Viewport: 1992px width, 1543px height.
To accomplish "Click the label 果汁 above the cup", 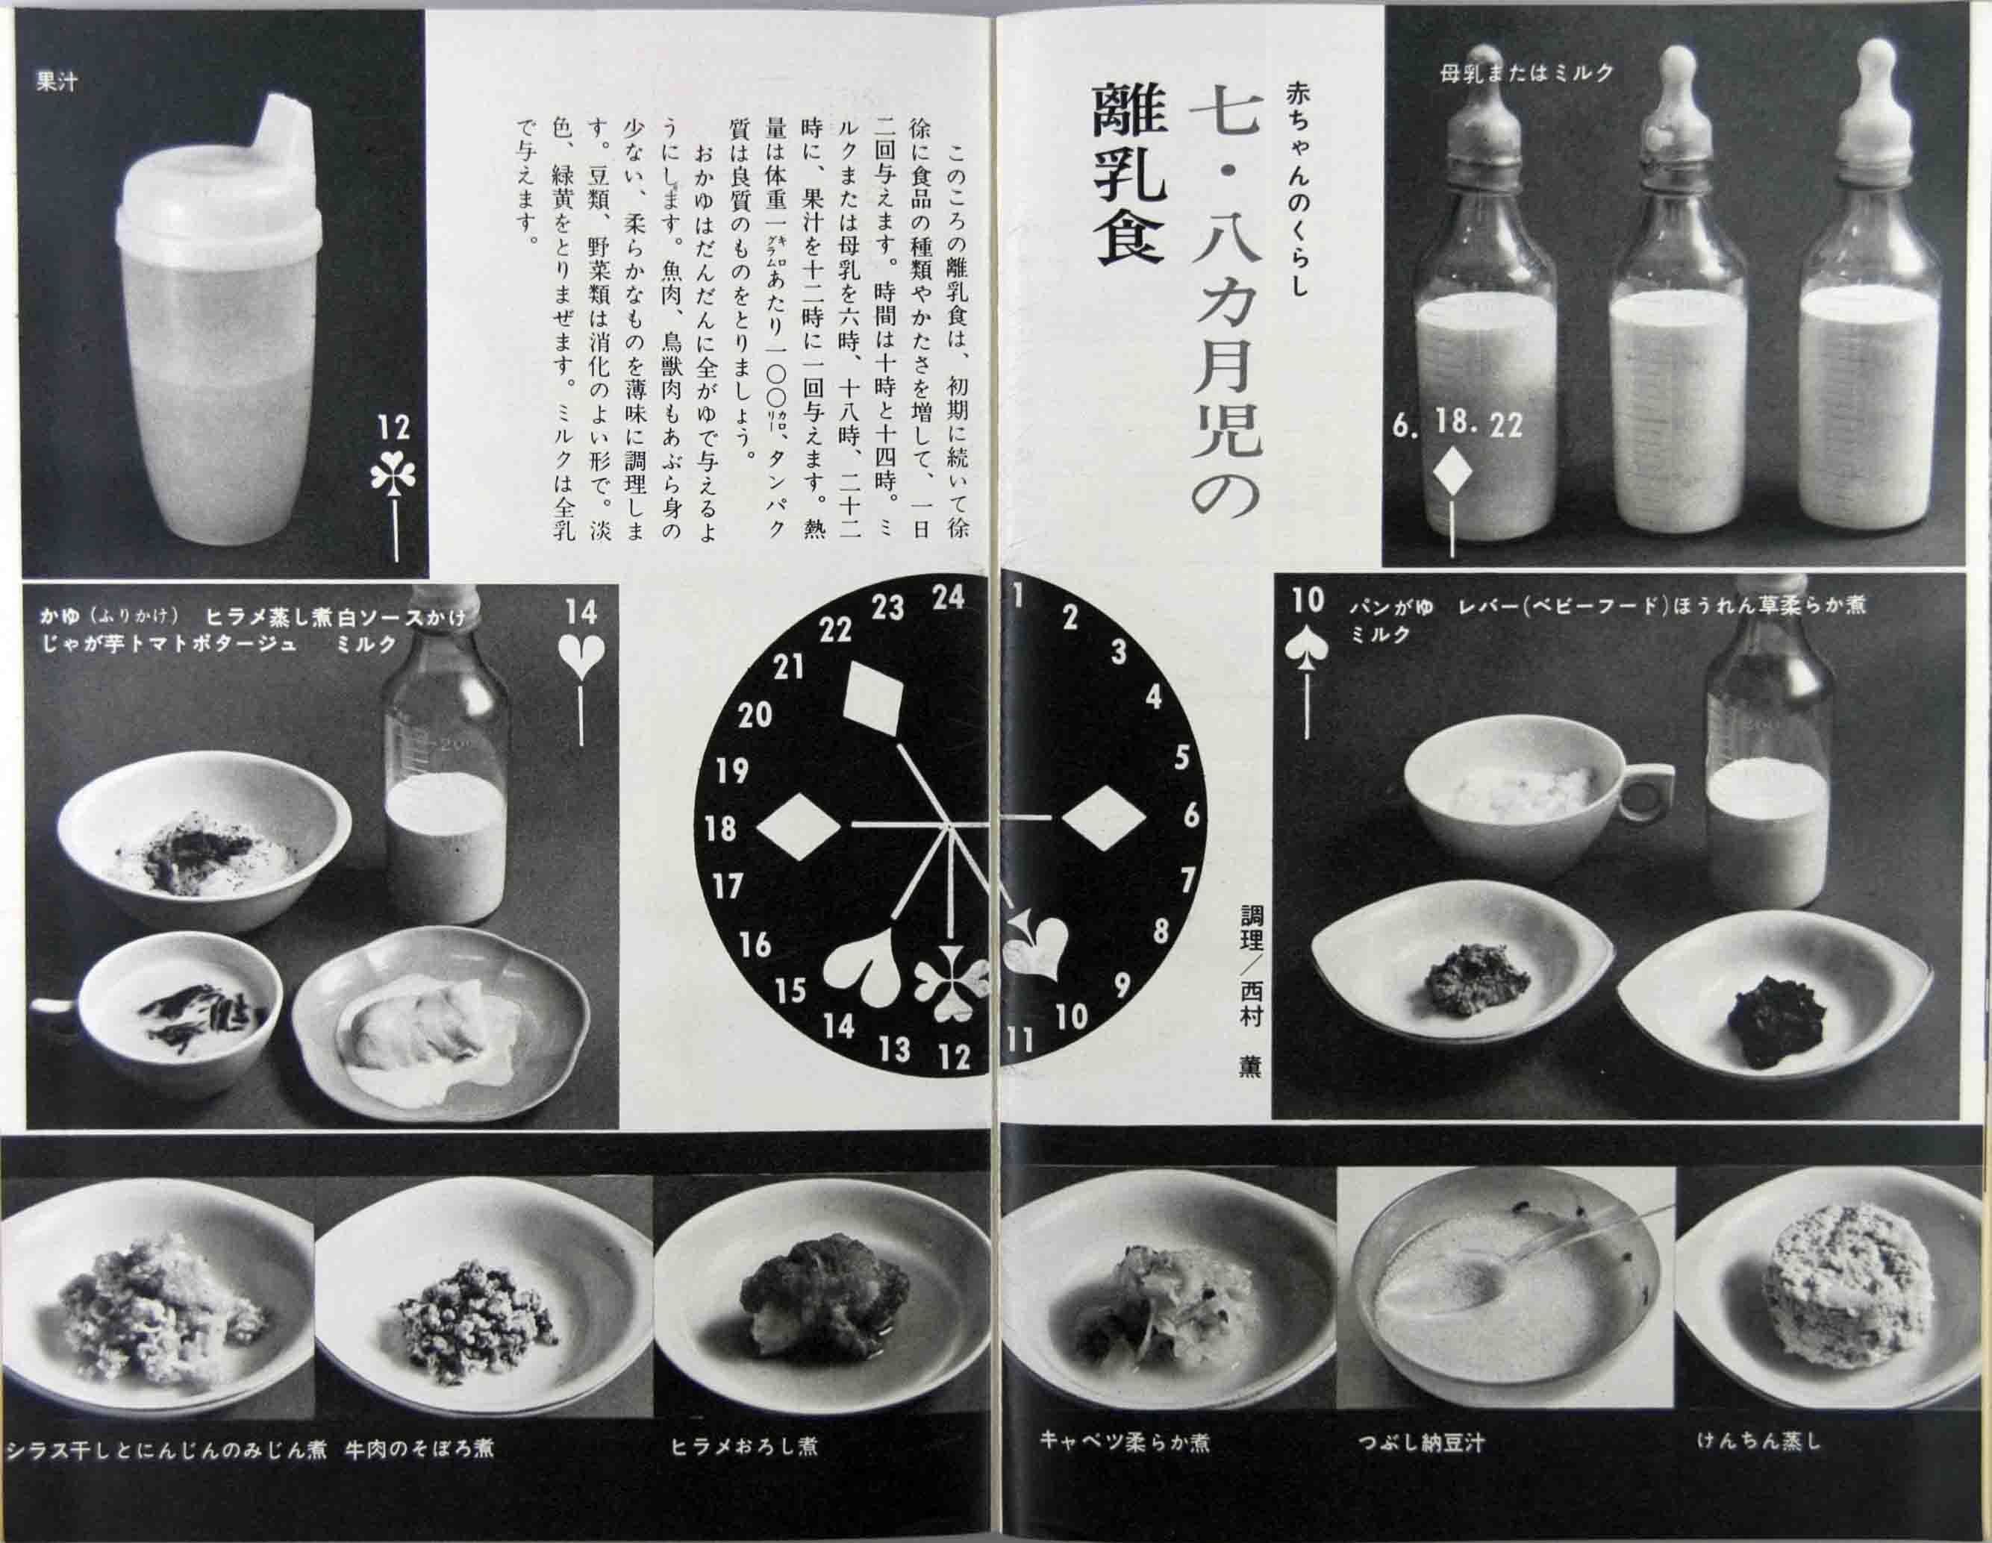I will pyautogui.click(x=57, y=83).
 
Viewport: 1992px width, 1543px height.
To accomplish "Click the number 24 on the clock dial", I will pyautogui.click(x=948, y=598).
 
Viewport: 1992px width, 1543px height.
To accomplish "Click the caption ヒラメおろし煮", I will pyautogui.click(x=743, y=1446).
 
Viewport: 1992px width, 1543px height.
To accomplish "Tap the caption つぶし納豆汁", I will pyautogui.click(x=1420, y=1444).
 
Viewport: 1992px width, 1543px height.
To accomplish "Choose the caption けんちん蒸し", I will pyautogui.click(x=1758, y=1441).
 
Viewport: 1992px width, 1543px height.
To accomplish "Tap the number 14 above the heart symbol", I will pyautogui.click(x=581, y=612).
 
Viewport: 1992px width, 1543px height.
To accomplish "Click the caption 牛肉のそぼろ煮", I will pyautogui.click(x=419, y=1448).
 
